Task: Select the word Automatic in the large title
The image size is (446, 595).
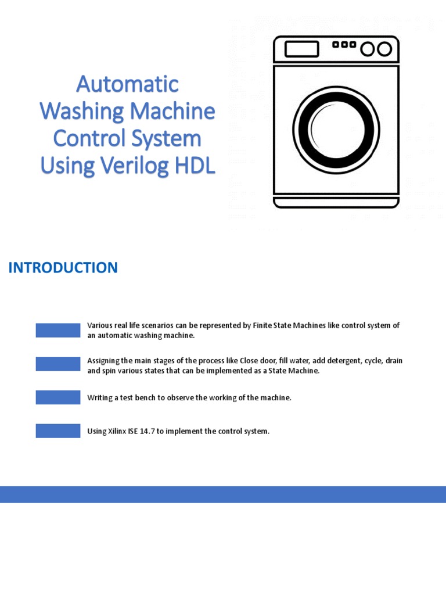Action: [x=127, y=84]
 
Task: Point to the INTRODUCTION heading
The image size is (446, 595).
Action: [x=63, y=268]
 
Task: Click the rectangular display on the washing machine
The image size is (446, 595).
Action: [x=301, y=49]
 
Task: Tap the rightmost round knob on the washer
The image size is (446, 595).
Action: [x=384, y=49]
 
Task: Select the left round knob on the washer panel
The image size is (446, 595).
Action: [x=368, y=49]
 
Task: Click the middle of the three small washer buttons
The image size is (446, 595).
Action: [x=344, y=44]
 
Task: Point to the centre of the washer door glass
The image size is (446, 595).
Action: [x=336, y=129]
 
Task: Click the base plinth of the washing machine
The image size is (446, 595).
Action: [x=336, y=202]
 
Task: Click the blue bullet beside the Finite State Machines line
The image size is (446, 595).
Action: [x=58, y=330]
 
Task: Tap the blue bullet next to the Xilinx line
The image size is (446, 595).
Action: [x=58, y=431]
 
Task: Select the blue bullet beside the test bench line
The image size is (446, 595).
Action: [x=58, y=397]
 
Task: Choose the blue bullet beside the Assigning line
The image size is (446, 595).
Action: [x=58, y=364]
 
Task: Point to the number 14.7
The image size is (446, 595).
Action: [x=149, y=431]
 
